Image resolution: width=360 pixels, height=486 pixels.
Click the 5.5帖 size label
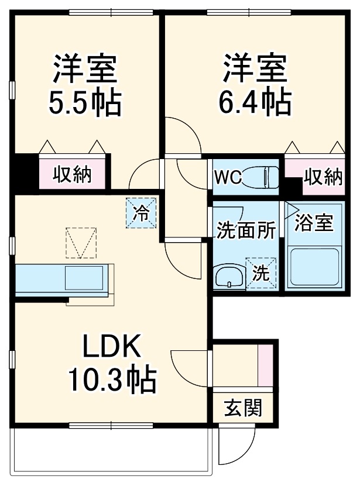pos(85,104)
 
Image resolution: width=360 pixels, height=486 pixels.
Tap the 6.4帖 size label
pos(255,104)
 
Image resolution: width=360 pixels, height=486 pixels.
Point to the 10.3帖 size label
pos(112,381)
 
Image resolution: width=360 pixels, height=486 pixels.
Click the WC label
pos(228,177)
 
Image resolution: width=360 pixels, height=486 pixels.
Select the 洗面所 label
pos(246,230)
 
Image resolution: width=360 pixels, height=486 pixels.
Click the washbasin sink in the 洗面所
pos(229,276)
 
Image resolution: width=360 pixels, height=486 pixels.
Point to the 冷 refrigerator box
pos(141,212)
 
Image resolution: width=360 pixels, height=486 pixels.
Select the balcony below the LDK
pos(108,450)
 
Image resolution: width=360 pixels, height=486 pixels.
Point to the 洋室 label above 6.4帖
pos(255,69)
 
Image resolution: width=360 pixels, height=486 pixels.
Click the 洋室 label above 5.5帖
pos(85,69)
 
